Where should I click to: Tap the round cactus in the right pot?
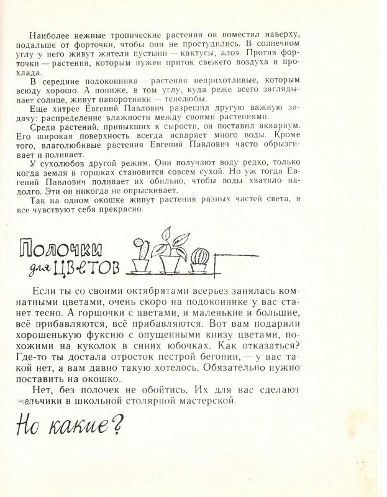199,256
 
